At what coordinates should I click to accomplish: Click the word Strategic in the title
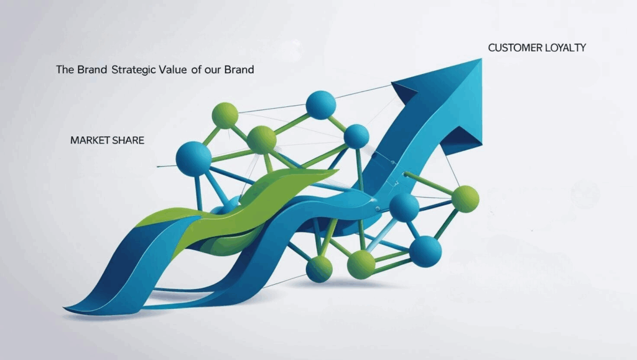[133, 70]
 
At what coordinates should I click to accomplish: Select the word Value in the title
[173, 70]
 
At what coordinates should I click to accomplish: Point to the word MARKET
[90, 141]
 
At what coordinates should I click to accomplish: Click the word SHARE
[128, 141]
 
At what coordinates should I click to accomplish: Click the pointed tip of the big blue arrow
[481, 59]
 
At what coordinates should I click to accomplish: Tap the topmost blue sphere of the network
[321, 105]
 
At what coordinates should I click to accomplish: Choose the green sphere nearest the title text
[225, 115]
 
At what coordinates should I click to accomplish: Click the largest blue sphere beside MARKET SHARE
[193, 159]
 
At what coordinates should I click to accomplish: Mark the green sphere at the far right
[465, 199]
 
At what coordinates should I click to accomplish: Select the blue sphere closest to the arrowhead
[356, 136]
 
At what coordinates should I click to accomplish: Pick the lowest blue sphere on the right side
[425, 252]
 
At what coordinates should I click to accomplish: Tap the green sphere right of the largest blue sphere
[262, 140]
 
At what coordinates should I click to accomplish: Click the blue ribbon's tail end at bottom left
[65, 309]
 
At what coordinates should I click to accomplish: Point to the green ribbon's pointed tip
[337, 170]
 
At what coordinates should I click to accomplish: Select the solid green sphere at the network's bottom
[361, 265]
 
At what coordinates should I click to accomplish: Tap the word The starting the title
[65, 70]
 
